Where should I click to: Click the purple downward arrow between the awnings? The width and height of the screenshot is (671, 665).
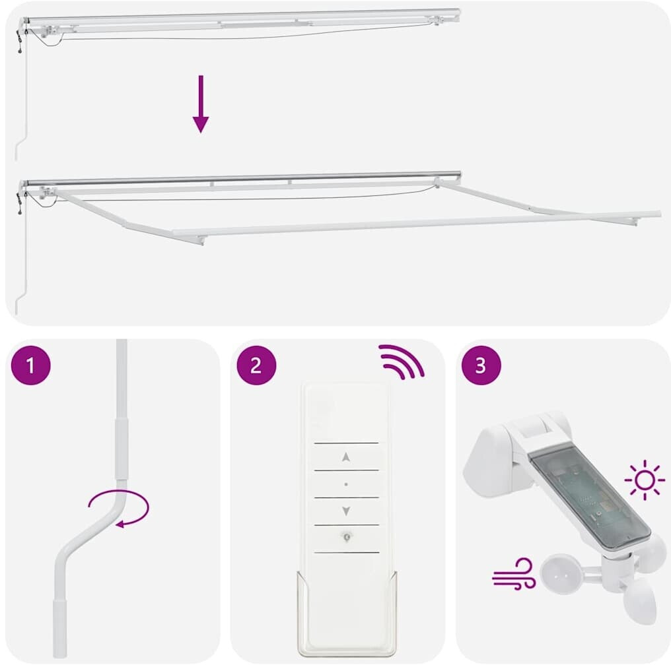click(x=201, y=104)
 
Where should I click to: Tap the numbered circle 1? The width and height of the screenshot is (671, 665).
click(x=30, y=365)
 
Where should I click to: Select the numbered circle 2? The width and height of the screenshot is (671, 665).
click(x=256, y=365)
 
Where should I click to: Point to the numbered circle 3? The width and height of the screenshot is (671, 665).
click(x=481, y=365)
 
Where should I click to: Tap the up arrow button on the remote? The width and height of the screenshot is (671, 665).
click(x=346, y=457)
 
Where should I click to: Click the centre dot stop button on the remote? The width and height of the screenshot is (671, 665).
click(x=346, y=484)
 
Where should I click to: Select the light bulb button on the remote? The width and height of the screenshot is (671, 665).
click(x=347, y=536)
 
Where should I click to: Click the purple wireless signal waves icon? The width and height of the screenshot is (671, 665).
click(x=401, y=362)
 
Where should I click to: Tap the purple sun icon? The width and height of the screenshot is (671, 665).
click(x=645, y=480)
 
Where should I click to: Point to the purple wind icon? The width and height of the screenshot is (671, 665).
click(x=514, y=574)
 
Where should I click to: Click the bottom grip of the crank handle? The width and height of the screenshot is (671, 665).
click(x=59, y=628)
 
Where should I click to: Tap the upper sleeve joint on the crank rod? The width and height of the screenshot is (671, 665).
click(x=121, y=449)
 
